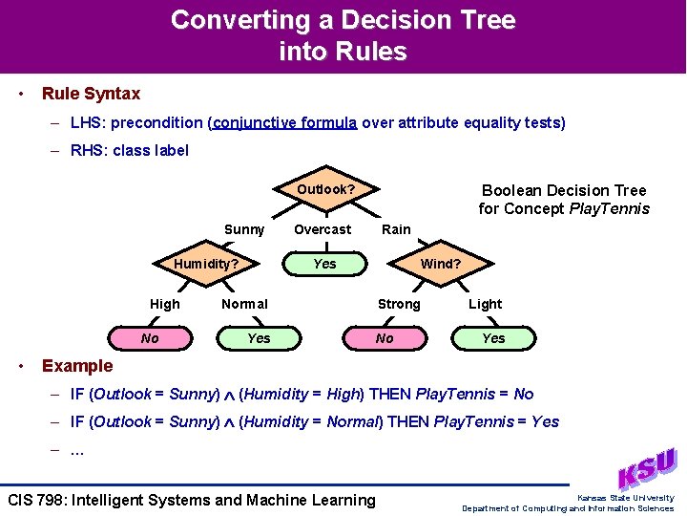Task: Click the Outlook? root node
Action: [x=325, y=189]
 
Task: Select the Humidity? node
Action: [x=205, y=264]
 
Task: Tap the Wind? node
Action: [x=440, y=264]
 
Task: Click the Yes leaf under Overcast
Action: [x=324, y=264]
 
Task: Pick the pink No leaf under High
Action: [x=150, y=338]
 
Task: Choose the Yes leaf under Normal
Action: [x=259, y=338]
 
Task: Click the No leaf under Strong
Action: [x=385, y=338]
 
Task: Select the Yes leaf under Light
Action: [x=493, y=338]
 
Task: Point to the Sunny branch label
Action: [x=244, y=229]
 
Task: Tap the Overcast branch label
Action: [x=323, y=229]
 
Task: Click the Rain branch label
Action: [x=396, y=229]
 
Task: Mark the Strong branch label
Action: [x=399, y=304]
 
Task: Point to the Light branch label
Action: [x=485, y=304]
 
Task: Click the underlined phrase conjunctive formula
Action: [x=285, y=122]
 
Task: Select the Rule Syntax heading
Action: [x=91, y=94]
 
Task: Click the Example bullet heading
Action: [x=77, y=366]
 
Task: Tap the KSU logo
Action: [x=647, y=468]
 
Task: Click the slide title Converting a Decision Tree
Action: [x=343, y=20]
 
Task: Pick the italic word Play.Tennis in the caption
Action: [x=609, y=208]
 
